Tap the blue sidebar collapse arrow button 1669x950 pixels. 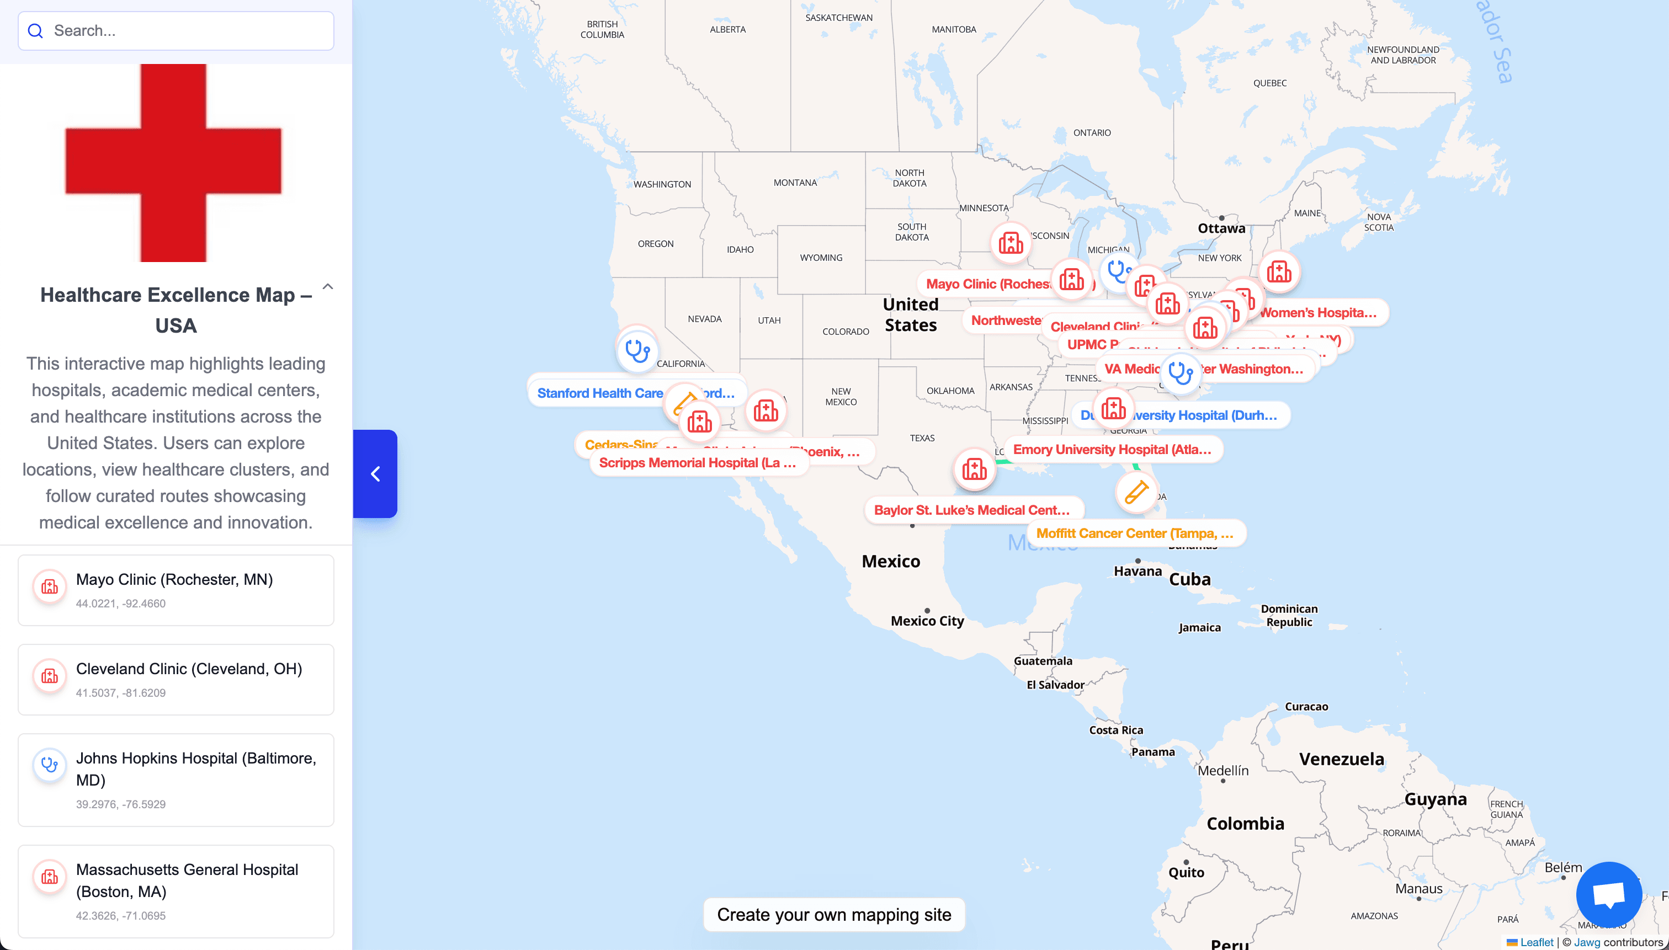(375, 474)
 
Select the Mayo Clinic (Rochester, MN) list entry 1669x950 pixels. (176, 590)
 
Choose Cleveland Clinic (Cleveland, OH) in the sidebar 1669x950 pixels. (176, 679)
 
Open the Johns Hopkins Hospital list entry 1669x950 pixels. (176, 780)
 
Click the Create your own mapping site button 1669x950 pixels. (833, 915)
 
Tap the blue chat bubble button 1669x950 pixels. (1608, 894)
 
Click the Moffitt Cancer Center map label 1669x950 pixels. (1134, 533)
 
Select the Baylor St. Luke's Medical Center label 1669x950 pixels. (971, 510)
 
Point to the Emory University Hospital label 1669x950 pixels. (1112, 450)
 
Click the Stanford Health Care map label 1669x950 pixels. (599, 393)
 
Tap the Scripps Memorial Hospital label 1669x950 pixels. (697, 463)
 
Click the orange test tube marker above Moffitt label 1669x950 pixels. (1136, 492)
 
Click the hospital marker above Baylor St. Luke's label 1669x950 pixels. (974, 468)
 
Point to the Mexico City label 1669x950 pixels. (927, 621)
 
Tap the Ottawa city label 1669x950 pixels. (1221, 228)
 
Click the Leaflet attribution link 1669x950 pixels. (1536, 942)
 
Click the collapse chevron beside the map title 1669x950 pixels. (328, 286)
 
